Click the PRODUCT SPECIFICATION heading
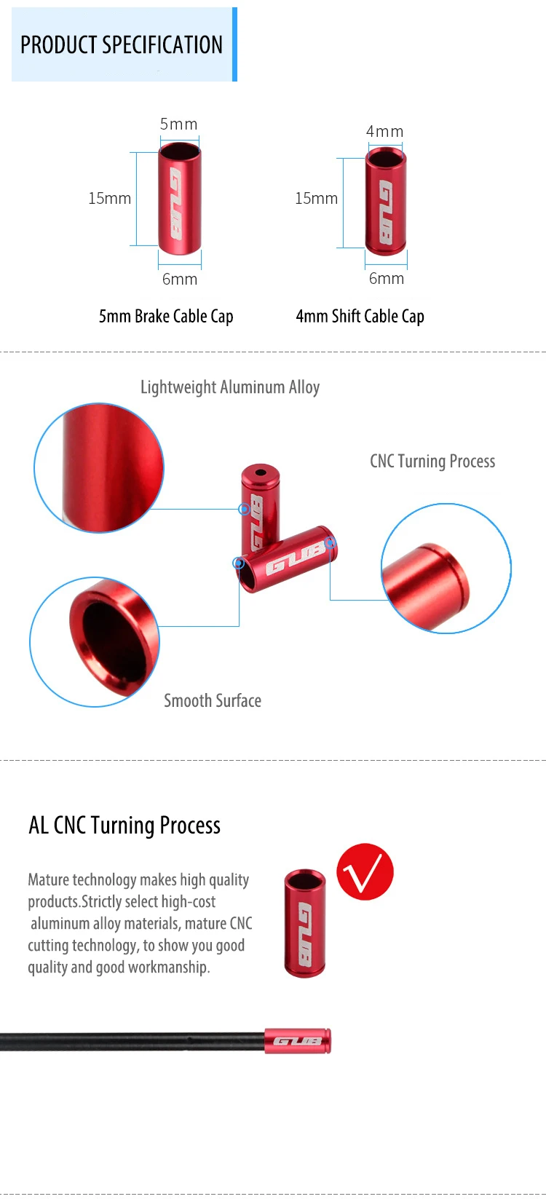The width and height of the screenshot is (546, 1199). coord(121,45)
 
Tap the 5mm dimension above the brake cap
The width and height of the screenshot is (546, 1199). coord(178,124)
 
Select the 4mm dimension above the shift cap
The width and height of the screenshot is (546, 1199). coord(384,132)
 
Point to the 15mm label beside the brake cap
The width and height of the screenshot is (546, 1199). coord(109,198)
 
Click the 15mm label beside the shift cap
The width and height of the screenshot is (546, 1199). coord(316,198)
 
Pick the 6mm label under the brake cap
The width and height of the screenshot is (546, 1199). coord(179,279)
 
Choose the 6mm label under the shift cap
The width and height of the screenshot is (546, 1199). coord(386,278)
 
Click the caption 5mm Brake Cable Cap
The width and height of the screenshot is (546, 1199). coord(166,316)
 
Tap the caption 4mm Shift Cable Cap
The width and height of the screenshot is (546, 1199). coord(360,316)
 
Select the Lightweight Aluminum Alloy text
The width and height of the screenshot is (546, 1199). coord(230,387)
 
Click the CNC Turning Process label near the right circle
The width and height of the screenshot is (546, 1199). coord(432,461)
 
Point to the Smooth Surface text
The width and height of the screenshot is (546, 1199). coord(213,700)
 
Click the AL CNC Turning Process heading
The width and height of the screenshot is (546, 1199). coord(124,825)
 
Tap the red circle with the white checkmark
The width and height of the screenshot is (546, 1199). coord(365,871)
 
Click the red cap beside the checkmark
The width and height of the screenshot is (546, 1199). coord(305,922)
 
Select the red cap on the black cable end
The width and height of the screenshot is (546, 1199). coord(297,1040)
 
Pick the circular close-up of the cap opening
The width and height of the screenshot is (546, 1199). coord(95,641)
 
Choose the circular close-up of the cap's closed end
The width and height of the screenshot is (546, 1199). coord(446,568)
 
